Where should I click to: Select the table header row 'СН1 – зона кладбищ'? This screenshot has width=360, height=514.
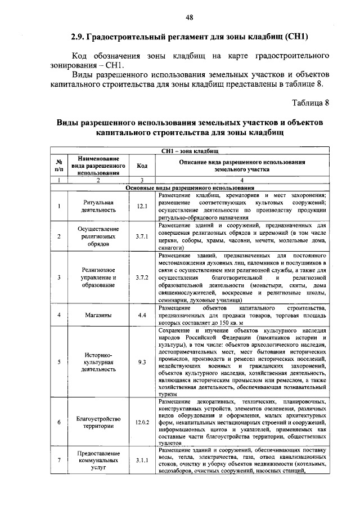click(190, 151)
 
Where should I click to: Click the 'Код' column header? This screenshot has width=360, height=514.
click(142, 166)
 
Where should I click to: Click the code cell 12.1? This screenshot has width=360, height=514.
click(142, 205)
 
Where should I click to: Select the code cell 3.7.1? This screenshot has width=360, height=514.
click(142, 236)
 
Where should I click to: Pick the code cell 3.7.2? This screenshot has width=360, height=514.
click(142, 278)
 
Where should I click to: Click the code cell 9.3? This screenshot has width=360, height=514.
click(142, 362)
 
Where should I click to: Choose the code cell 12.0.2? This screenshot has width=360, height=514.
click(142, 422)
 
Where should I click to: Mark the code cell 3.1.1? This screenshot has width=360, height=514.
click(142, 461)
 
